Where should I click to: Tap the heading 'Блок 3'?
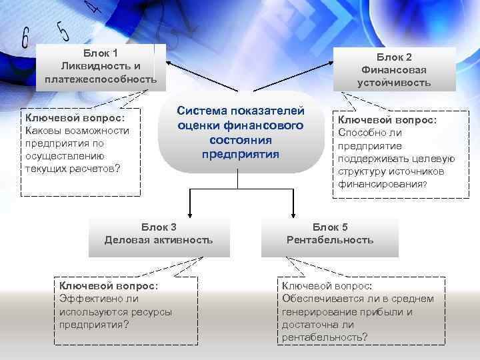click(x=159, y=227)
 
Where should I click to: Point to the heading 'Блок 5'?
click(x=330, y=227)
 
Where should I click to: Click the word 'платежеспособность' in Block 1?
click(x=101, y=80)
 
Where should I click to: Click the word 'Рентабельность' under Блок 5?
click(x=330, y=240)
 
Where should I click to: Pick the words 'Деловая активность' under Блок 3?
click(x=159, y=240)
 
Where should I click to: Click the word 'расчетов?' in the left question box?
click(x=93, y=168)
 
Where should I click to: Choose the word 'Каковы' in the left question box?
click(x=42, y=130)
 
